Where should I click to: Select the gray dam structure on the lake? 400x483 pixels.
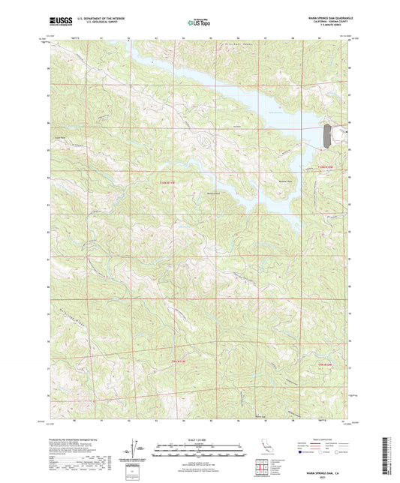coord(327,136)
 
